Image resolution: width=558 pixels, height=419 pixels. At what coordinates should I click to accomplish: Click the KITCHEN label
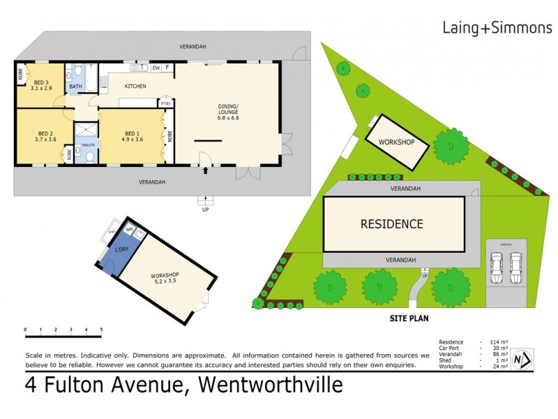[x=135, y=86]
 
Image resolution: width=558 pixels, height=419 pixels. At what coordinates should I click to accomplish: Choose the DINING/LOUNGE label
[x=229, y=112]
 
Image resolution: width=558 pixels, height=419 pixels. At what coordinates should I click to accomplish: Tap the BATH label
[x=75, y=88]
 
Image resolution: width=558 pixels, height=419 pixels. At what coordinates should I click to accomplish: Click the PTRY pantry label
[x=165, y=103]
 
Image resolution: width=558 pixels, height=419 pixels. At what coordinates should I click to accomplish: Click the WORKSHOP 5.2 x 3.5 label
[x=165, y=277]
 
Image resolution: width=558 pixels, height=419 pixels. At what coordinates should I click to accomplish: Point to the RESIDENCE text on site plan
[x=391, y=224]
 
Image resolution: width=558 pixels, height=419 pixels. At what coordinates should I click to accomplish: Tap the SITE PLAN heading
[x=408, y=318]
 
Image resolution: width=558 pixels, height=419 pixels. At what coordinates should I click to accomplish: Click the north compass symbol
[x=522, y=358]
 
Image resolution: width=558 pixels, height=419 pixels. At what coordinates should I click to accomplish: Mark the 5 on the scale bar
[x=101, y=330]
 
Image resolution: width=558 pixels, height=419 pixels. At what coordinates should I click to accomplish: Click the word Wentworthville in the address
[x=271, y=385]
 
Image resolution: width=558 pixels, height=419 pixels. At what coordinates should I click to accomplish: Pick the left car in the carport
[x=496, y=267]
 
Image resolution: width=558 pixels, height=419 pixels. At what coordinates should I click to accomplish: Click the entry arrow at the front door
[x=204, y=169]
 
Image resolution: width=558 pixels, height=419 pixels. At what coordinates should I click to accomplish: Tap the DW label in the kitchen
[x=156, y=68]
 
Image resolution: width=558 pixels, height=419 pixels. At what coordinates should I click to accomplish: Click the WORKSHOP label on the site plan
[x=396, y=142]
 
